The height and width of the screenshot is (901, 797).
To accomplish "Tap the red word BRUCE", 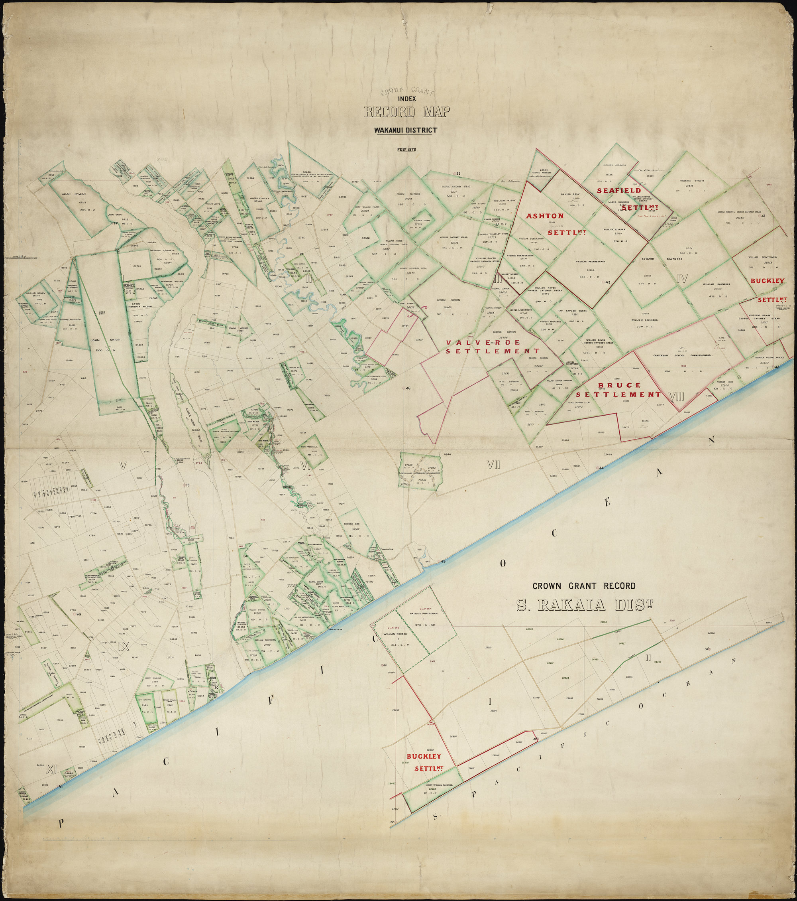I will (x=613, y=385).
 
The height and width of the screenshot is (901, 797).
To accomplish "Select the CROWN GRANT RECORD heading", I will (x=584, y=586).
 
